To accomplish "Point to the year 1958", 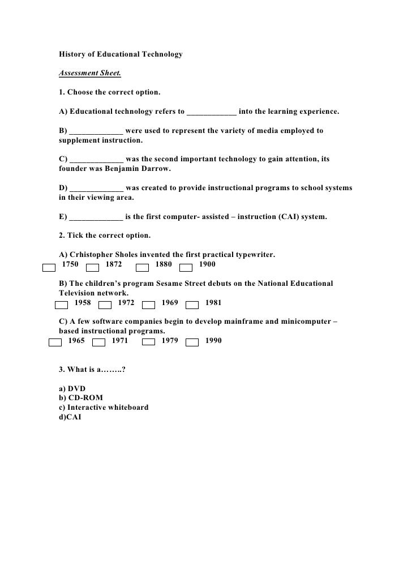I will tap(83, 303).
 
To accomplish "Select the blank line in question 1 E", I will tap(95, 216).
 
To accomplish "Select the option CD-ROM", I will tap(85, 398).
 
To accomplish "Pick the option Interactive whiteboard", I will tap(108, 407).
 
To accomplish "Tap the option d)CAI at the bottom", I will tap(70, 417).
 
